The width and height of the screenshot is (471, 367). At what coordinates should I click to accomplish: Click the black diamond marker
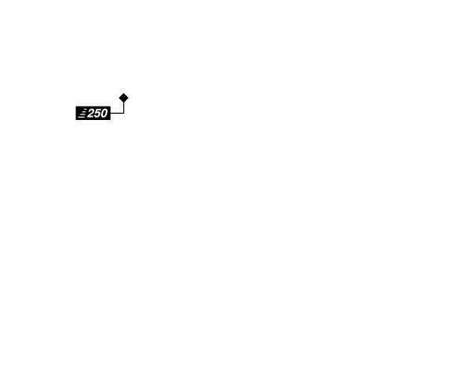[x=124, y=98]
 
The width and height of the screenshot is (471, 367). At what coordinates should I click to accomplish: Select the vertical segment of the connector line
[x=124, y=107]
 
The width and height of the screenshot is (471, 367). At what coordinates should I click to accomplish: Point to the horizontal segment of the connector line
[x=117, y=113]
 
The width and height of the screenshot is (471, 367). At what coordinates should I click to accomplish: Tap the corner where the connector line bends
[x=124, y=113]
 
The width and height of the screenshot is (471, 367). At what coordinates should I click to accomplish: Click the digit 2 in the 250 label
[x=91, y=113]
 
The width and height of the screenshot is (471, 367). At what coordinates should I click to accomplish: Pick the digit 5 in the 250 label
[x=97, y=113]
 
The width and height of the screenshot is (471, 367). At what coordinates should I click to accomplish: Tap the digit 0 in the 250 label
[x=104, y=113]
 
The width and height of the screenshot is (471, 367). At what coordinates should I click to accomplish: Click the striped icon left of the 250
[x=82, y=113]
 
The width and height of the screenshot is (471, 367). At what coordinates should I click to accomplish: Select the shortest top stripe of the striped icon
[x=85, y=110]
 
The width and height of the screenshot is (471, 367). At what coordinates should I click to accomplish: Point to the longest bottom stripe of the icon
[x=82, y=117]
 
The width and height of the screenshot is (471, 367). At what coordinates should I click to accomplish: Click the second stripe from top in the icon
[x=84, y=112]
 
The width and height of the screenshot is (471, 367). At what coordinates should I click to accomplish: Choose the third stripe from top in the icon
[x=82, y=114]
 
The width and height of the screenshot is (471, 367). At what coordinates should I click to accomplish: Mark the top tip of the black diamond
[x=124, y=93]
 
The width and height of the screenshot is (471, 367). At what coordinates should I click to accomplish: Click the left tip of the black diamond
[x=119, y=98]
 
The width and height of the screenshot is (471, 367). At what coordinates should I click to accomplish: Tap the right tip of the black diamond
[x=129, y=98]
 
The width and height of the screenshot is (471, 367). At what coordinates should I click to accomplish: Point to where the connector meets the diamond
[x=124, y=103]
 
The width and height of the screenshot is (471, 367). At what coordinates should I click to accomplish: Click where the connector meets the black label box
[x=111, y=113]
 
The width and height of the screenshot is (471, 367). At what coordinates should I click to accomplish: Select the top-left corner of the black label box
[x=75, y=106]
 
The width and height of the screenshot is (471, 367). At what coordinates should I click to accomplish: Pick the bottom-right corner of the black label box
[x=111, y=120]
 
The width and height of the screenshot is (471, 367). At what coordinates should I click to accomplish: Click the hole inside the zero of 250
[x=104, y=113]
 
